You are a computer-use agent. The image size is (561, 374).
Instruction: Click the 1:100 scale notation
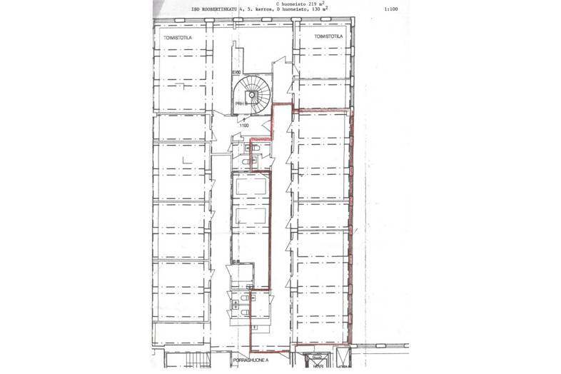click(390, 11)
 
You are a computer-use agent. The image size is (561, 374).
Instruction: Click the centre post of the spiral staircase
click(251, 95)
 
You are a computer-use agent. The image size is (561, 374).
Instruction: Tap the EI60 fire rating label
click(235, 73)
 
